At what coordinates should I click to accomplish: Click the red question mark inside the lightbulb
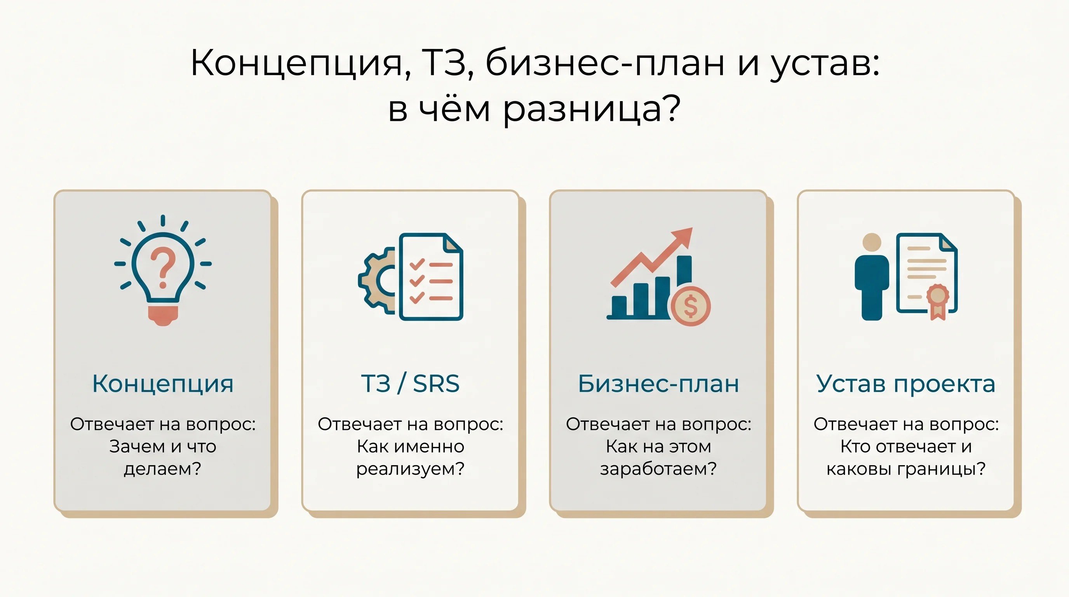pos(163,267)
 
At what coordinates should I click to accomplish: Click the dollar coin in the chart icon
pos(691,306)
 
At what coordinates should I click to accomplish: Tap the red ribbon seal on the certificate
pos(937,301)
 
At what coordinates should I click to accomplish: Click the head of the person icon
pos(872,242)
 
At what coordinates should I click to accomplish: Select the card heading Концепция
pos(163,384)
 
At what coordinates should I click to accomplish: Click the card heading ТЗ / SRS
pos(411,383)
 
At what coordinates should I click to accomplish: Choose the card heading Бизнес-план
pos(658,383)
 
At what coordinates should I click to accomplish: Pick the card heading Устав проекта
pos(905,384)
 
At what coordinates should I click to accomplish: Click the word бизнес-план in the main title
pos(605,63)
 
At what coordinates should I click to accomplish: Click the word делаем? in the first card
pos(162,469)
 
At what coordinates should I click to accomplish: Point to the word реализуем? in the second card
pos(411,469)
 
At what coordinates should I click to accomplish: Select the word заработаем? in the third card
pos(658,469)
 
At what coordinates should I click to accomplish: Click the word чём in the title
pos(454,108)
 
